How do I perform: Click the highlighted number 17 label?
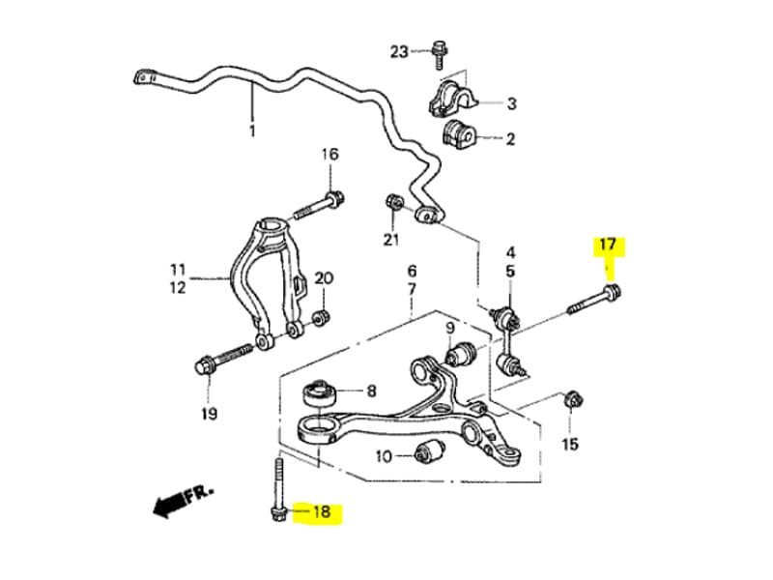[x=608, y=245]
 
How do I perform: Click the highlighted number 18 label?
[x=322, y=512]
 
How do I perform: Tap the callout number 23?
[x=400, y=50]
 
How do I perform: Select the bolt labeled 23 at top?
[x=438, y=51]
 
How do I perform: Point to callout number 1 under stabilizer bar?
[x=252, y=130]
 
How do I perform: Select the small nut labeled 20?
[x=323, y=316]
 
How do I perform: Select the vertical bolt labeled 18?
[x=277, y=490]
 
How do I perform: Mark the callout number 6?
[x=412, y=271]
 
